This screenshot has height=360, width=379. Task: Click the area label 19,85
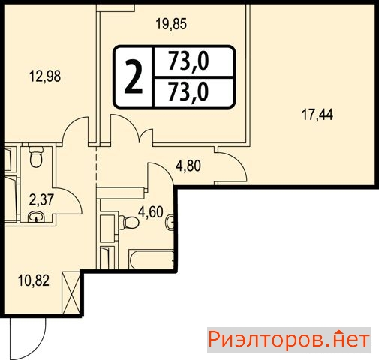tap(171, 24)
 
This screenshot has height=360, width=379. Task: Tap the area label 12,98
tap(45, 76)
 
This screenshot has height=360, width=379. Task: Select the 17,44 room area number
tap(317, 115)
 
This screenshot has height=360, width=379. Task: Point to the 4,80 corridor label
tap(188, 166)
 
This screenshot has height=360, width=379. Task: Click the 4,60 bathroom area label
tap(151, 212)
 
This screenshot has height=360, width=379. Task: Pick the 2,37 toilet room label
tap(41, 199)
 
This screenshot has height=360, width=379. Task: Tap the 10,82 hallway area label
tap(34, 280)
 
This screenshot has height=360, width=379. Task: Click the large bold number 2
tap(134, 77)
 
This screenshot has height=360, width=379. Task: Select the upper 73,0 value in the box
tap(188, 61)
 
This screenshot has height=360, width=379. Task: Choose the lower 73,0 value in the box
tap(188, 91)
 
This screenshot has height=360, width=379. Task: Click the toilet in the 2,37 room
tap(36, 157)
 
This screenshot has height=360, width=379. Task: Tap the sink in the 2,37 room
tap(36, 217)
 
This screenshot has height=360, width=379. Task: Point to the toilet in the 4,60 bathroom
tap(129, 222)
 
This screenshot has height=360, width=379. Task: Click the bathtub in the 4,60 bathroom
tap(152, 259)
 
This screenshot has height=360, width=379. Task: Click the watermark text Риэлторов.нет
tap(289, 340)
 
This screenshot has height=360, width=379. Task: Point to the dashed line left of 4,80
tap(96, 164)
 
